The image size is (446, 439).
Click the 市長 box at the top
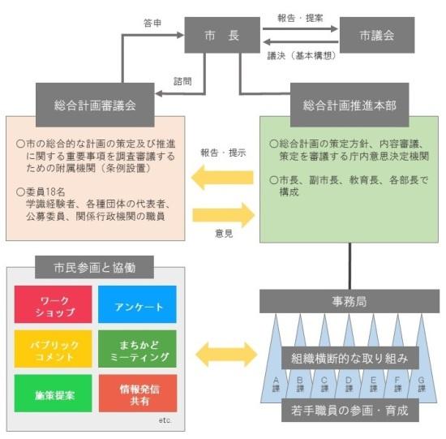point(221,36)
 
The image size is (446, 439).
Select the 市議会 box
point(376,36)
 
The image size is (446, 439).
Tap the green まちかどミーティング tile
point(136,350)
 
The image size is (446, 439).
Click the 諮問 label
point(184,80)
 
